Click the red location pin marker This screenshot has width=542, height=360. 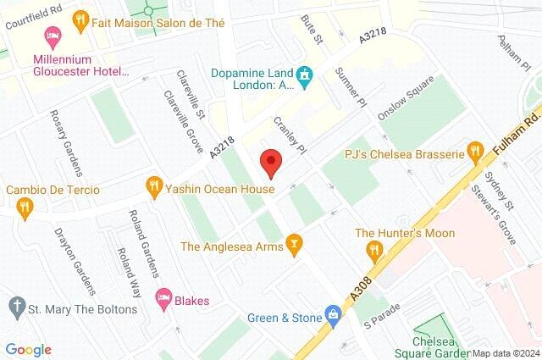point(270,162)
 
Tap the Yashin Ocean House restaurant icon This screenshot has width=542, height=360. point(153,184)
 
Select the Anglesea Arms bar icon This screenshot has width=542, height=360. point(294,246)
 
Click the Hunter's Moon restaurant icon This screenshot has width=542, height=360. point(371,249)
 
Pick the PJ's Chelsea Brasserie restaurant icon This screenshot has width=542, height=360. point(474,153)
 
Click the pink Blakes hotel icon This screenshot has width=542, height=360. point(163,297)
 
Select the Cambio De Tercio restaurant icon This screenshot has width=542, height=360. point(25,206)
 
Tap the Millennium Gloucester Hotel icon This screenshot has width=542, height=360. point(53,36)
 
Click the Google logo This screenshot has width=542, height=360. point(28,350)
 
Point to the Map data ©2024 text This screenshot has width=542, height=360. point(506,353)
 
